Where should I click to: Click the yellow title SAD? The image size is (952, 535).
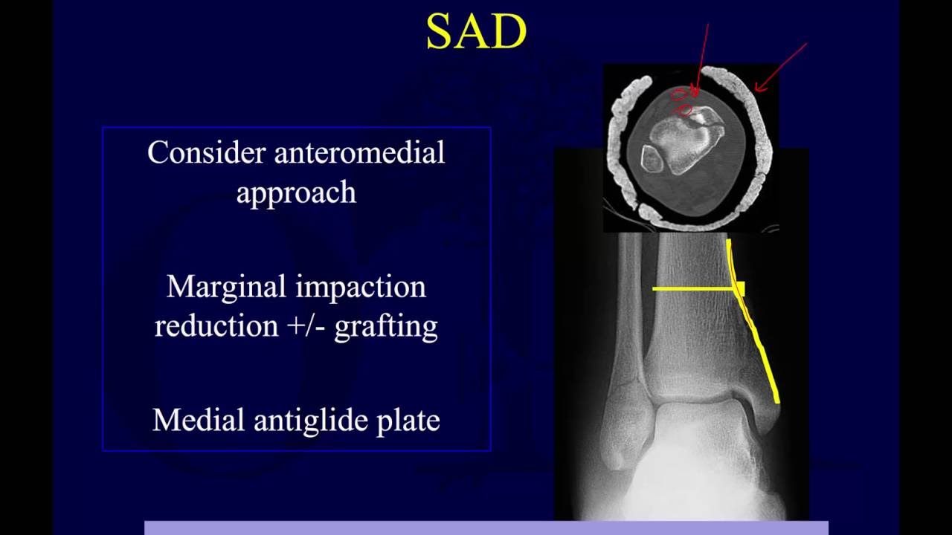coord(476,33)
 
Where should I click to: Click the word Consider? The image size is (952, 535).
coord(207,152)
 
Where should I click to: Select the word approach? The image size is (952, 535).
coord(296,192)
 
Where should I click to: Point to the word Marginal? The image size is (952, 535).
coord(222,286)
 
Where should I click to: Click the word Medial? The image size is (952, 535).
coord(199,420)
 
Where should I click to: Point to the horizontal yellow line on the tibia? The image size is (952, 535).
coord(692,288)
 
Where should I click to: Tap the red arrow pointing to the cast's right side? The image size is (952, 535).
coord(781,67)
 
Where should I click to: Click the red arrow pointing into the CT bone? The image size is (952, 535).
coord(701,59)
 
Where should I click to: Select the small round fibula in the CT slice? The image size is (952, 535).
coord(652,159)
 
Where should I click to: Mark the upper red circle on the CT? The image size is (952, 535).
coord(678,94)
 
